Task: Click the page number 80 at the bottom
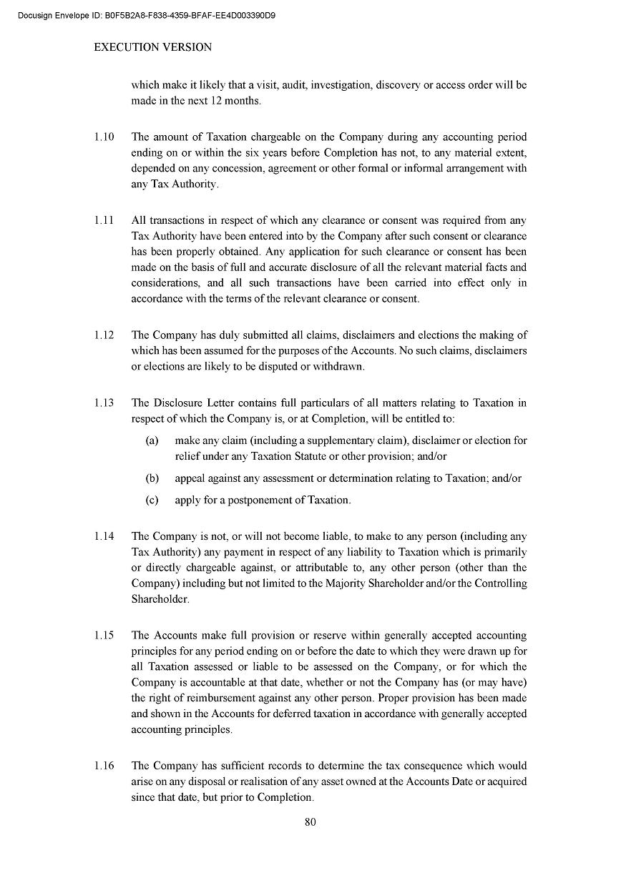310,822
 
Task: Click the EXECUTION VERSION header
153,47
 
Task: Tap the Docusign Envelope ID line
147,14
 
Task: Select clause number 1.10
104,137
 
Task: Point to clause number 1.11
104,221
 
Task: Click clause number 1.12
104,335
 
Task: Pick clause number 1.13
104,403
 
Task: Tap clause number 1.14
104,536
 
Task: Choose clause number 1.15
104,636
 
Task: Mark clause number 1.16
104,766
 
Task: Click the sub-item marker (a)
152,441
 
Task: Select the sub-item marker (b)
152,478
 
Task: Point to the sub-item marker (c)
152,500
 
